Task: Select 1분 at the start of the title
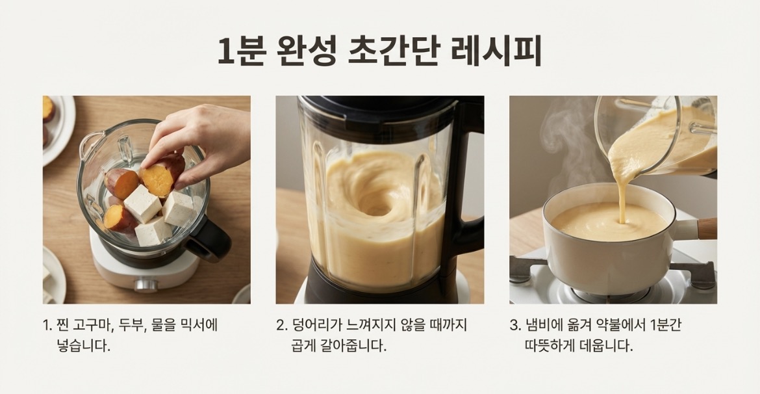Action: tap(242, 51)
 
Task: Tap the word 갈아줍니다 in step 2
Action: tap(353, 346)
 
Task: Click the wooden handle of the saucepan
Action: tap(707, 229)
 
